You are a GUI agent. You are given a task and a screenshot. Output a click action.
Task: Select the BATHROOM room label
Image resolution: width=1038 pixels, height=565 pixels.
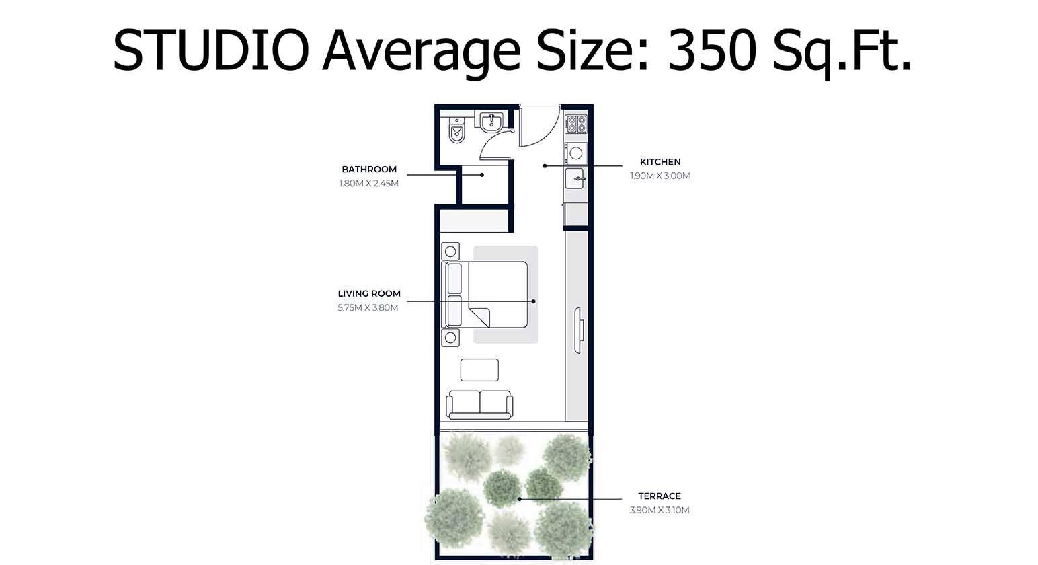(x=369, y=169)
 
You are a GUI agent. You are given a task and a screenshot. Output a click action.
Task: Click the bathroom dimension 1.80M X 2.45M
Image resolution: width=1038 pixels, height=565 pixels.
(x=369, y=183)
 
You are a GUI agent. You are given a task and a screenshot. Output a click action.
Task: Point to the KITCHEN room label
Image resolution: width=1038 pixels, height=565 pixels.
(x=660, y=162)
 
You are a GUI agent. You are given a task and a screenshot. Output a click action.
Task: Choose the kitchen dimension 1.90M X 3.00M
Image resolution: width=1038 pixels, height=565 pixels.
(x=660, y=176)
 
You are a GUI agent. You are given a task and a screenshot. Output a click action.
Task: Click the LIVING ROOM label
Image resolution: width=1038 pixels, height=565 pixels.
(x=369, y=294)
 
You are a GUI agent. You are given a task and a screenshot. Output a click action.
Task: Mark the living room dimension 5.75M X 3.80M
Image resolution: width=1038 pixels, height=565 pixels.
(x=368, y=308)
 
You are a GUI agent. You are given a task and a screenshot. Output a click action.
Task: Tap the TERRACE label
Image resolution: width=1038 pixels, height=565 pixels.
(x=660, y=496)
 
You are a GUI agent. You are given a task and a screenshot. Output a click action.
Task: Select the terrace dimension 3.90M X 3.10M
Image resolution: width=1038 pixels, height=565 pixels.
(x=660, y=510)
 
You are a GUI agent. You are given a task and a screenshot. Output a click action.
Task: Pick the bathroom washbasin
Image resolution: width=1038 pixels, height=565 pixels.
(x=491, y=121)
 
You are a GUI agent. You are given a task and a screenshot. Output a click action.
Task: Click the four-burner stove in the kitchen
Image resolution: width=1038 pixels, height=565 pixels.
(x=576, y=123)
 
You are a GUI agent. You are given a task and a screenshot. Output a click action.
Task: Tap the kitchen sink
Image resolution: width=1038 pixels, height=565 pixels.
(x=575, y=178)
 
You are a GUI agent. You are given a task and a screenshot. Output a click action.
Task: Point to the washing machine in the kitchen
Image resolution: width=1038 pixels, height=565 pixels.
(x=575, y=153)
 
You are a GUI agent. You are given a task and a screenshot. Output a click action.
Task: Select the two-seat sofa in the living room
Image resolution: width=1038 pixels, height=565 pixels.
(x=479, y=404)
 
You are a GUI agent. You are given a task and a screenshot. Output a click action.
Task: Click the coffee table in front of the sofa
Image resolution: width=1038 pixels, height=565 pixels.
(x=479, y=370)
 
